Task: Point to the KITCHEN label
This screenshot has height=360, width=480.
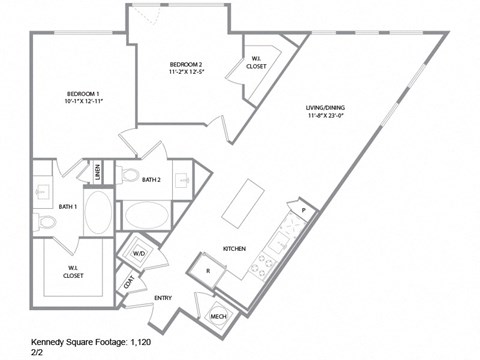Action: (x=234, y=249)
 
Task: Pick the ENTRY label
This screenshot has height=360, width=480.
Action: (x=162, y=298)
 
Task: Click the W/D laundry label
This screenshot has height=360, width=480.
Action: (x=138, y=255)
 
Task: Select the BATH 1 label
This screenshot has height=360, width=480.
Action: (x=67, y=206)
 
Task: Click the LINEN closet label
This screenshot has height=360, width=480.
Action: (x=98, y=176)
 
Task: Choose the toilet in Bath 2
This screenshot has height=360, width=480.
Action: (x=129, y=176)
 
